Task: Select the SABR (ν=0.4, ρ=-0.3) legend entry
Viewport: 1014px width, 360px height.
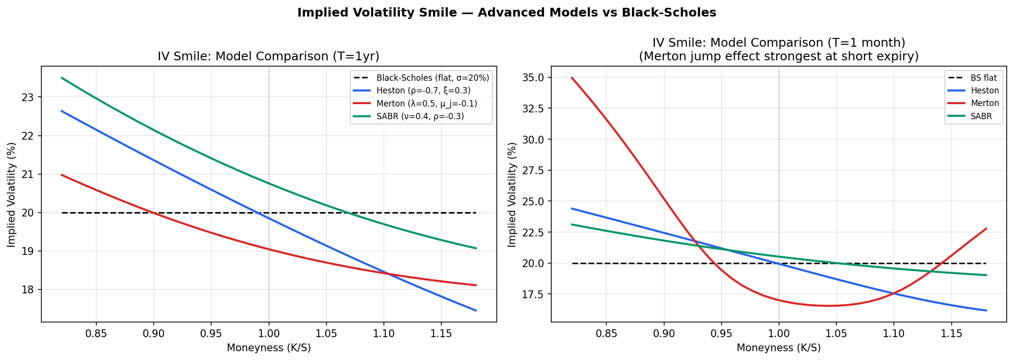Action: point(420,116)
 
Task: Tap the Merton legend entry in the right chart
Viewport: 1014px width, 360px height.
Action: point(984,103)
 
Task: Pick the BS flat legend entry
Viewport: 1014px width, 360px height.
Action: point(983,78)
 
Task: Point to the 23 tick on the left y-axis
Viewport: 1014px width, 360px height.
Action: point(30,97)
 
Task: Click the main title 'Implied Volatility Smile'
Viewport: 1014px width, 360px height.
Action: point(507,13)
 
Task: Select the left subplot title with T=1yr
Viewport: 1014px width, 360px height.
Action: point(268,56)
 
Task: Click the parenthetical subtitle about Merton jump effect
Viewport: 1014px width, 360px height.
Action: point(779,56)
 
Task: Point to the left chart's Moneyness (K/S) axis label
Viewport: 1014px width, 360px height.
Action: point(269,348)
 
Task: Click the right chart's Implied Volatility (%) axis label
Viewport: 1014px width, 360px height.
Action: point(511,195)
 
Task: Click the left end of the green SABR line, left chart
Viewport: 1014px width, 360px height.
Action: point(61,78)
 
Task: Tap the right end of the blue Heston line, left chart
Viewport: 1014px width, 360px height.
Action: point(476,310)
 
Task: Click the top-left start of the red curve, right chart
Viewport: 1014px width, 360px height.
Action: point(572,78)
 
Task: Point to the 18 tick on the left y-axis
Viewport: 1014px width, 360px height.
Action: point(30,290)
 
